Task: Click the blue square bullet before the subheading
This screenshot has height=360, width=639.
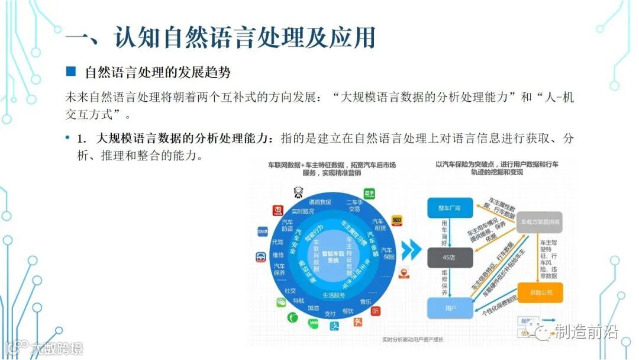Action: [71, 72]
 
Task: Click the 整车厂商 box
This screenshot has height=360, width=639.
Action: [449, 208]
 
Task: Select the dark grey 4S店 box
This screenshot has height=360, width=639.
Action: [450, 258]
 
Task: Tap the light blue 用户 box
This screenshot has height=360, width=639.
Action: [450, 308]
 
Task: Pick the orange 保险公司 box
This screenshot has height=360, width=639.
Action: [540, 292]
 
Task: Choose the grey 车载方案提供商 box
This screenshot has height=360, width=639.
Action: [540, 221]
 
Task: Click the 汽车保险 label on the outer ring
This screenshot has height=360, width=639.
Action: [386, 253]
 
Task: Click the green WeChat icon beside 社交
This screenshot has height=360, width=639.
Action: [281, 303]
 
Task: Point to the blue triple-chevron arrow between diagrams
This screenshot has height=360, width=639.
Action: [409, 249]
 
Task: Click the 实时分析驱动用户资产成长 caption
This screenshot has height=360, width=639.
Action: [412, 339]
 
